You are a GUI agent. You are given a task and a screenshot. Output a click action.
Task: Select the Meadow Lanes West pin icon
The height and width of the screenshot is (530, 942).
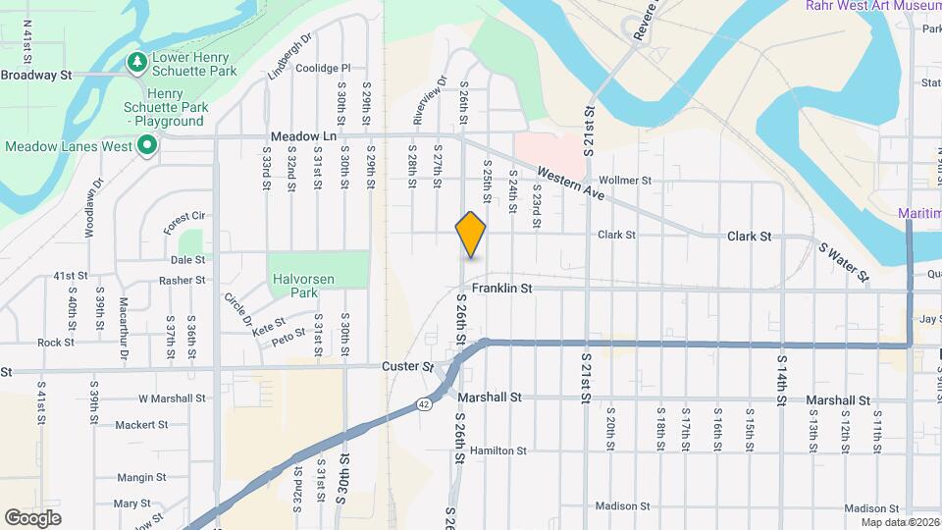point(147,147)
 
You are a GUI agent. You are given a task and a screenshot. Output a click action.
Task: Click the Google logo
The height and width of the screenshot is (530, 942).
point(32,517)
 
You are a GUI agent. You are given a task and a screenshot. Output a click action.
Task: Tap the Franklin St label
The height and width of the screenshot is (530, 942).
point(501,289)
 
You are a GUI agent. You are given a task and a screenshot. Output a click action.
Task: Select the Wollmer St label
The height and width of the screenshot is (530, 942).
point(624,181)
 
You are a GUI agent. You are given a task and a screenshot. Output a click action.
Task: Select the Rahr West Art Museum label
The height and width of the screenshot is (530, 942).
point(873,6)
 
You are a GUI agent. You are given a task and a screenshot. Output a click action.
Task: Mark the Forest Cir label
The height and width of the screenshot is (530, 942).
point(184,223)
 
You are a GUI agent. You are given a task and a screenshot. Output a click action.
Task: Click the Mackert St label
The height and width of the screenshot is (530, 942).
point(140,425)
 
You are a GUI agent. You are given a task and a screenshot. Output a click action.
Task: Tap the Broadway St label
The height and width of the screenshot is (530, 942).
point(37,75)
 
